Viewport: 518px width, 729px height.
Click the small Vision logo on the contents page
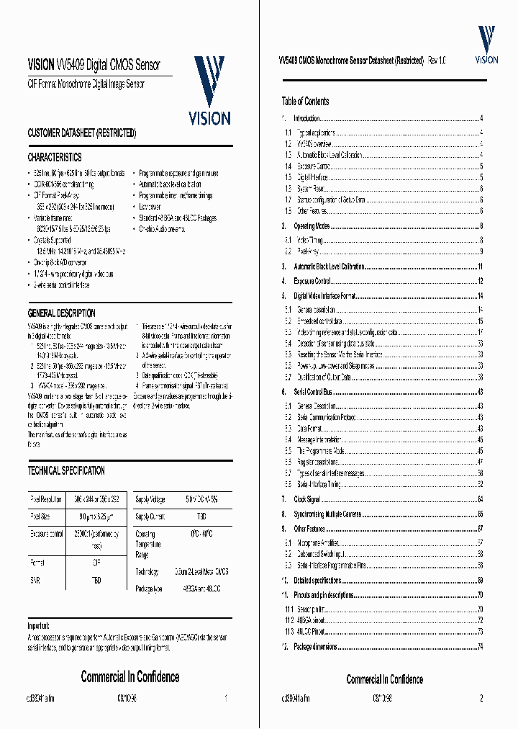[x=487, y=45]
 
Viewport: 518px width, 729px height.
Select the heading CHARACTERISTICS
[x=55, y=157]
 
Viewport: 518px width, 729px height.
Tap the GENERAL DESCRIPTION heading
[x=61, y=313]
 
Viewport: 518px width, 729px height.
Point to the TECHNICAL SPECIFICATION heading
[x=66, y=470]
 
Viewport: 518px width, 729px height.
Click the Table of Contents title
[x=306, y=102]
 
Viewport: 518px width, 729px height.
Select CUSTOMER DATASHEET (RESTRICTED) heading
[x=81, y=133]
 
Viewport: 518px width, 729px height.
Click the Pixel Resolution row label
[x=47, y=498]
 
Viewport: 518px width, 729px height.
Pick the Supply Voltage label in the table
[x=151, y=498]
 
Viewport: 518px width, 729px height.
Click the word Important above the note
[x=39, y=626]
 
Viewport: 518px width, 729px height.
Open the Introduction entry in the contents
[x=306, y=118]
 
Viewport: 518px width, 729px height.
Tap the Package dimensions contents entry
[x=315, y=647]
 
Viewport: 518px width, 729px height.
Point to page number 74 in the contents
[x=480, y=647]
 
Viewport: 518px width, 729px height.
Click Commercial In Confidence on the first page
[x=130, y=676]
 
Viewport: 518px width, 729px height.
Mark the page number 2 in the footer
[x=481, y=697]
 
